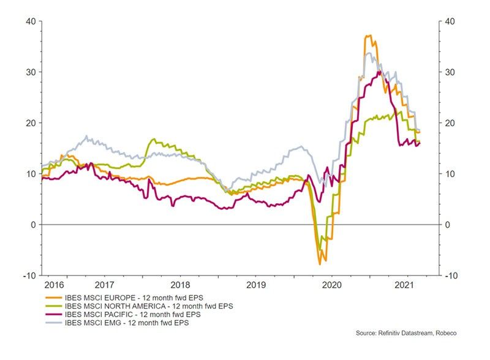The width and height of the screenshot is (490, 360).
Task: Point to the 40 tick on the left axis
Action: pyautogui.click(x=30, y=21)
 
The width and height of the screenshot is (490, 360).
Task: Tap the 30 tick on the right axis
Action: pyautogui.click(x=450, y=72)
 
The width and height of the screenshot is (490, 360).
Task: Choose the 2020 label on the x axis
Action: pyautogui.click(x=331, y=285)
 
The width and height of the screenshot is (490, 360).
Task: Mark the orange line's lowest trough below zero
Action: pyautogui.click(x=320, y=264)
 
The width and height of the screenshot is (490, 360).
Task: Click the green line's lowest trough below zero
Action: pyautogui.click(x=320, y=250)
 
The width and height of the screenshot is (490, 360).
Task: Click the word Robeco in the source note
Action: pyautogui.click(x=443, y=333)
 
